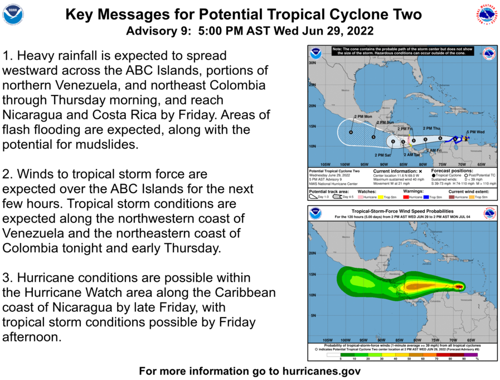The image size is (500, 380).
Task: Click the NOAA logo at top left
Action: click(13, 14)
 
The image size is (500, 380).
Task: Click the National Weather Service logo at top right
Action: click(487, 14)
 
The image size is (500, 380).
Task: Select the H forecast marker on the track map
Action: click(351, 132)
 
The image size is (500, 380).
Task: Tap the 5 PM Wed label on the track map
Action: click(475, 132)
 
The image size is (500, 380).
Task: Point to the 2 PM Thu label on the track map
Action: click(431, 128)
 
